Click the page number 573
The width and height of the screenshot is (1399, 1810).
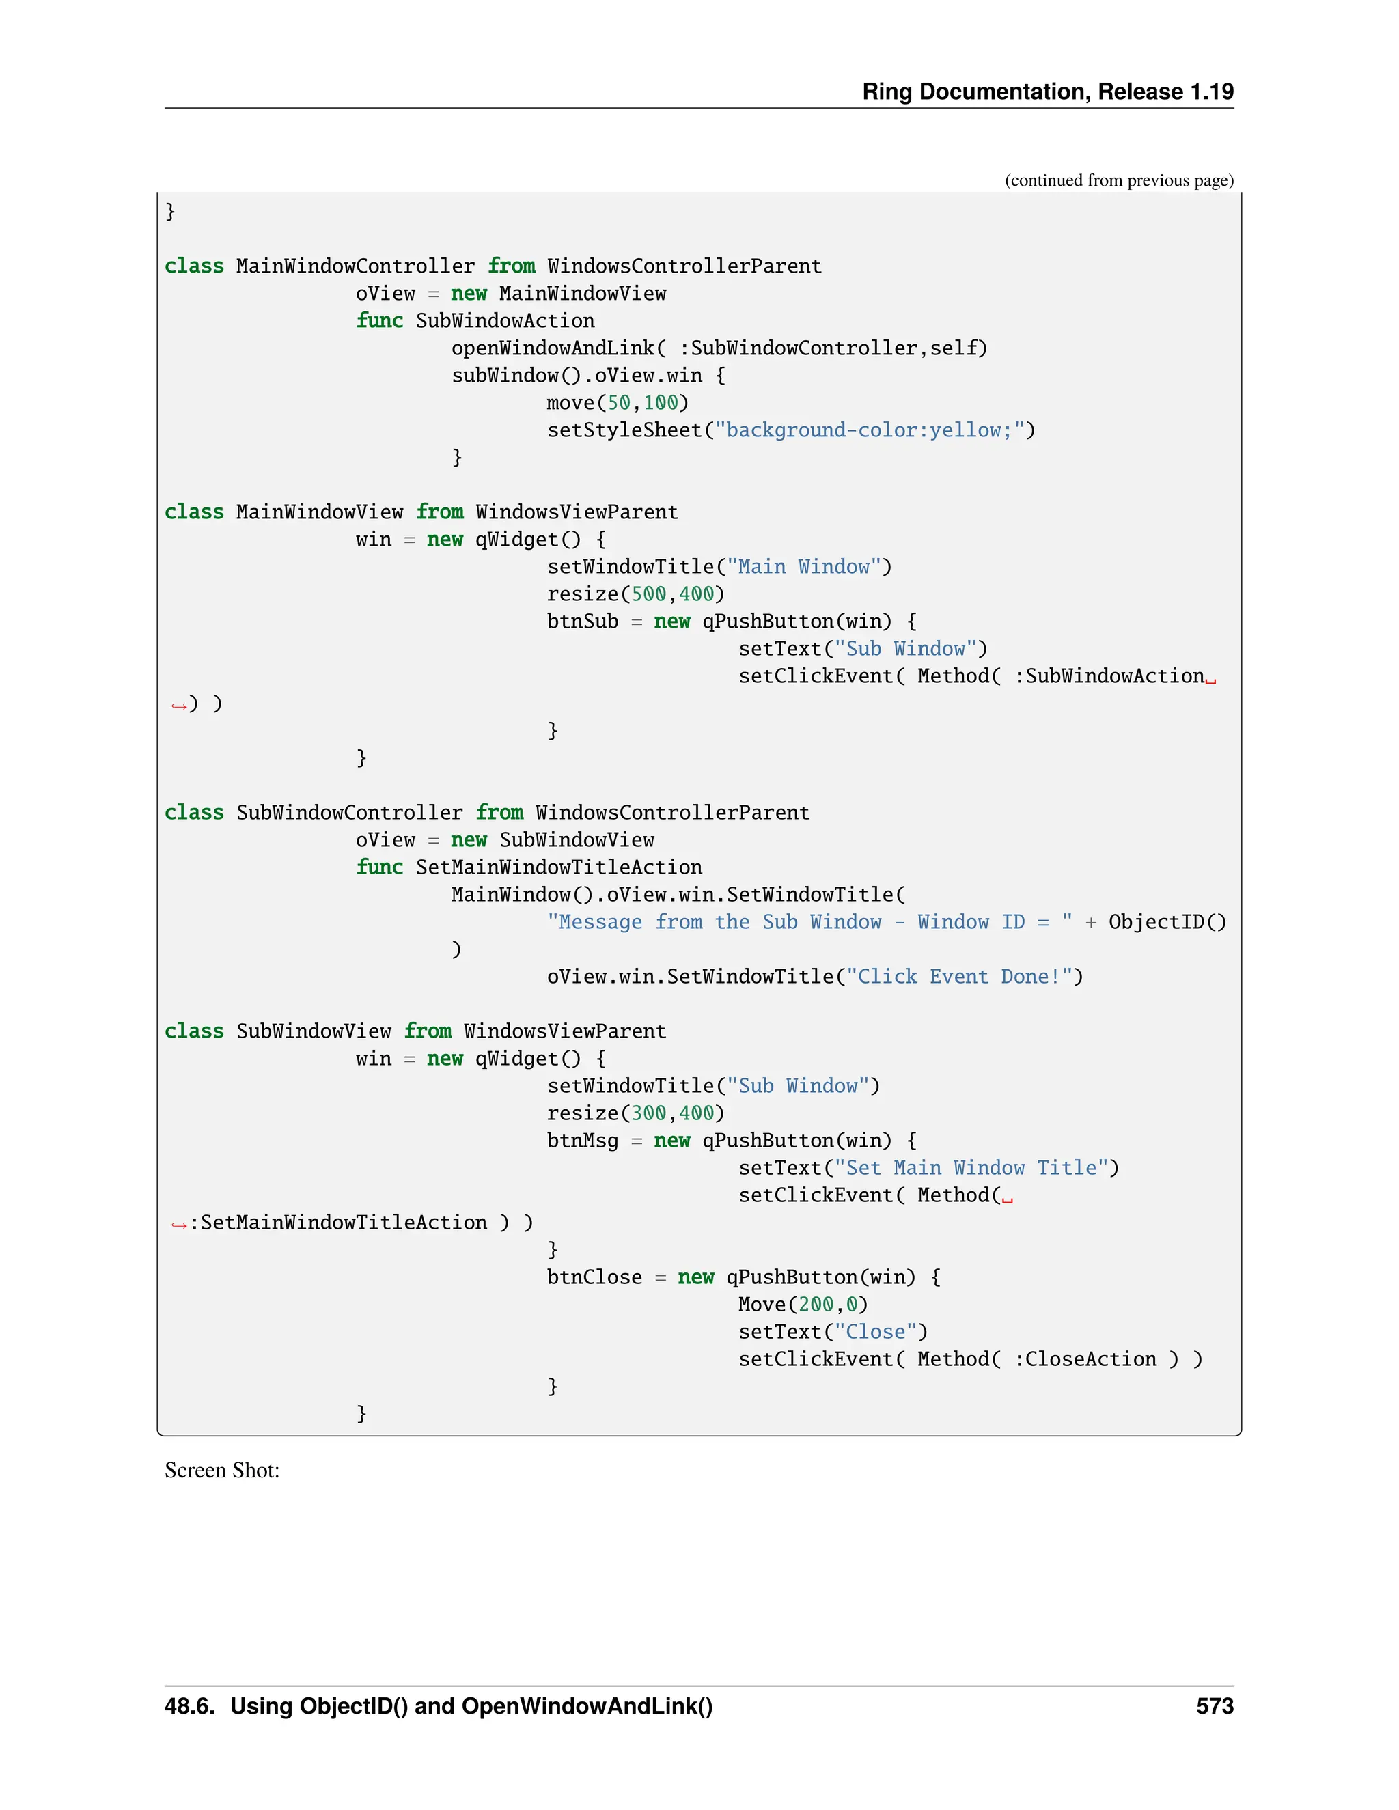point(1214,1706)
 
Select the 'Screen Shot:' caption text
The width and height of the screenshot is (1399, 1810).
point(222,1471)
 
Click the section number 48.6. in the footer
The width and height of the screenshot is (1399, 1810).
point(190,1706)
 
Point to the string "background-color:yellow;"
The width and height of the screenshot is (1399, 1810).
point(869,430)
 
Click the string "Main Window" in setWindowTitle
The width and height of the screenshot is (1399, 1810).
point(803,567)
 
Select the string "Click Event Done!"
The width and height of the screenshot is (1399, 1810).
point(959,976)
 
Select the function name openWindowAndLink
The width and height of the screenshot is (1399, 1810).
point(552,348)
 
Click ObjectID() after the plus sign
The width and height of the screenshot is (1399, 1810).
point(1167,921)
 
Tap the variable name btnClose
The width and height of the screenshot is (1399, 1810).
point(594,1277)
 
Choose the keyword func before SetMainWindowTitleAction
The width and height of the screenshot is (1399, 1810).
point(380,867)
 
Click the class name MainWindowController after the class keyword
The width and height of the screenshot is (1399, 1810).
point(355,266)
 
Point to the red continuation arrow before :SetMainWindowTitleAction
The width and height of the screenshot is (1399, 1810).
point(178,1224)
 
